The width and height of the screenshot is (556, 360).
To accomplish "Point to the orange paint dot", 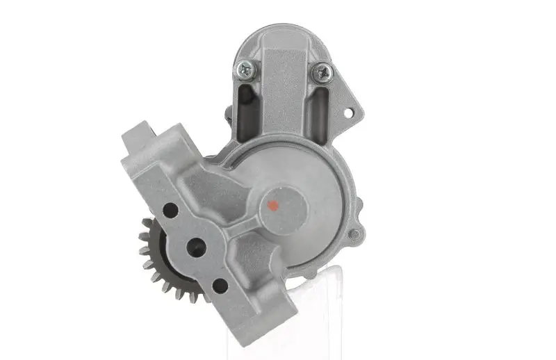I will pyautogui.click(x=272, y=205).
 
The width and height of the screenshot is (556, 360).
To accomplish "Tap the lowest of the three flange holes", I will pyautogui.click(x=220, y=285).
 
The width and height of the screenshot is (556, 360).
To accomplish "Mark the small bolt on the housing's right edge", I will pyautogui.click(x=355, y=234).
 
